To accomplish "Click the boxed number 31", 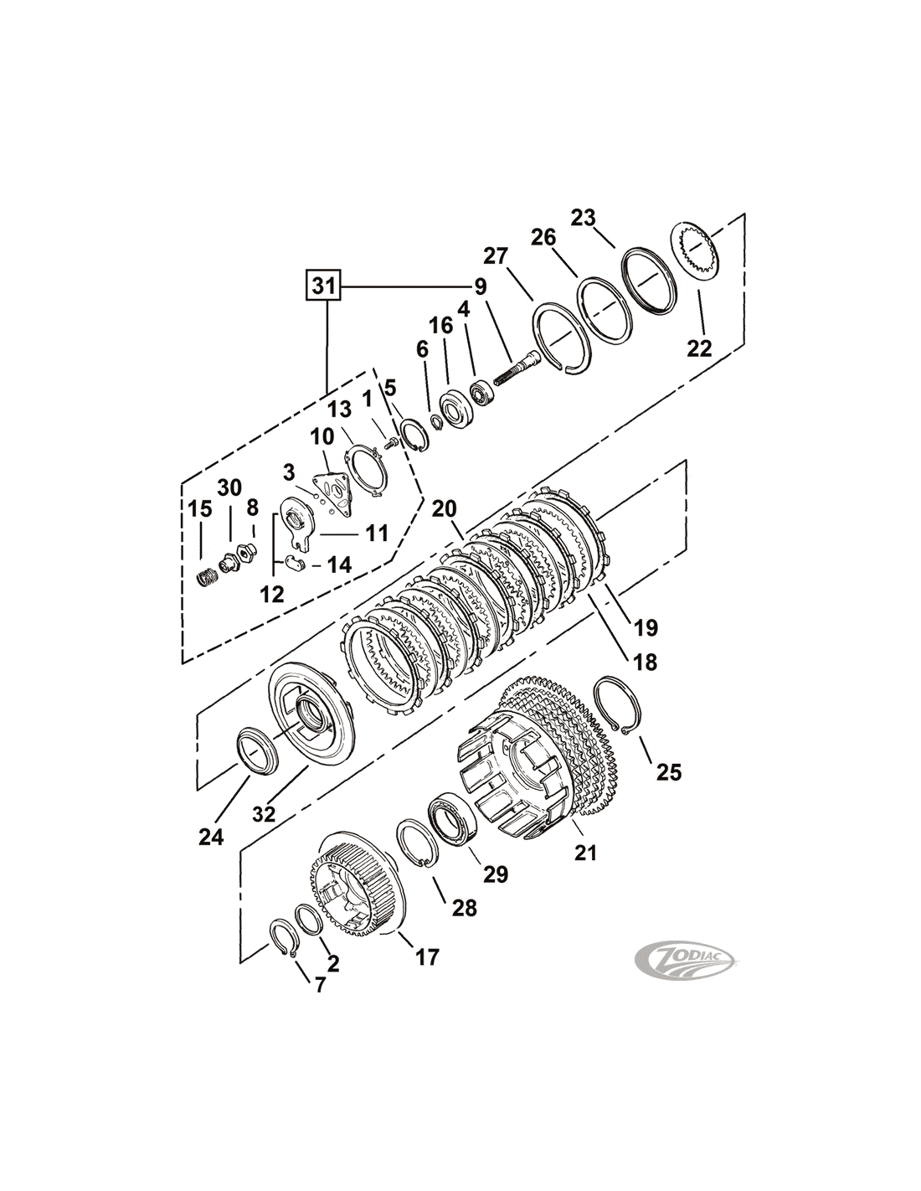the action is click(x=322, y=286).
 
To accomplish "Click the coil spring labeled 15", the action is click(x=207, y=578).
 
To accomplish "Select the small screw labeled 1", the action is click(x=391, y=444).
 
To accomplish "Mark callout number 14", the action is click(x=339, y=565).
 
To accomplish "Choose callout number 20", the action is click(x=444, y=508).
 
